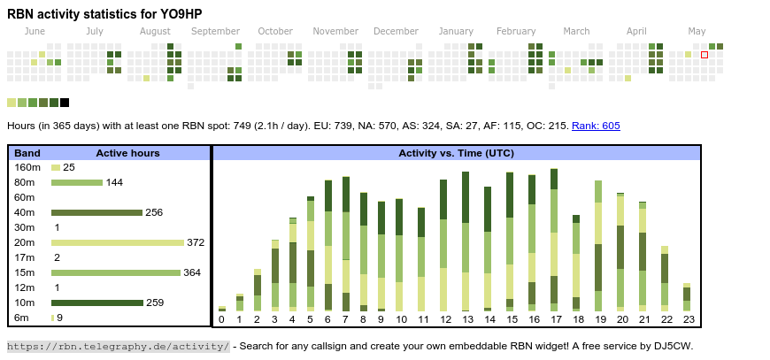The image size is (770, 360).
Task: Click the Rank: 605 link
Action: coord(596,126)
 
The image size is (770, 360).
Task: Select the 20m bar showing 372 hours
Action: coord(117,242)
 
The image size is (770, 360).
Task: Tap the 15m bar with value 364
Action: coord(115,272)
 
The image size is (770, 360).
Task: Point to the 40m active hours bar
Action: coord(96,212)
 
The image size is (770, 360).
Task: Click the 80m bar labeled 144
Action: coord(76,182)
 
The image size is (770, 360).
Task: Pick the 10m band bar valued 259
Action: coord(96,303)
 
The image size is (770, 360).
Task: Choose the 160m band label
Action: coord(27,167)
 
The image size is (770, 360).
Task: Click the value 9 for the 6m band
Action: coord(59,318)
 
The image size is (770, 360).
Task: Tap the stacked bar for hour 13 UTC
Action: coord(466,241)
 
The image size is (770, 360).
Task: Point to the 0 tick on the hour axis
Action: coord(221,319)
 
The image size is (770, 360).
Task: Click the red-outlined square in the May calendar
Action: coord(705,55)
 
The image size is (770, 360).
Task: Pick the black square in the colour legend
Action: coord(65,103)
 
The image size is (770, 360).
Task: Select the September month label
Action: coord(215,31)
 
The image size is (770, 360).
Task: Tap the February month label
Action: coord(516,31)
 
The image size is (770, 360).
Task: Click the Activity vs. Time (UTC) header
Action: coord(456,153)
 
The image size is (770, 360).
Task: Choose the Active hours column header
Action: coord(127,153)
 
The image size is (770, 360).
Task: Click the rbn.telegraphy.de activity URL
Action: coord(119,346)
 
